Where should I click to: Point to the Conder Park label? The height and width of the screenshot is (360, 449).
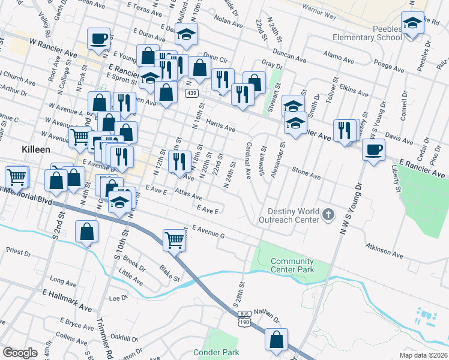point(217,352)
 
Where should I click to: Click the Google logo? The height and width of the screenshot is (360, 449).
point(20,353)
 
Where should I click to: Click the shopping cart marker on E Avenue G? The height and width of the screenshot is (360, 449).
point(174,239)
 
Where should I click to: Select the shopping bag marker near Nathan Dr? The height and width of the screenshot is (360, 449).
point(276,340)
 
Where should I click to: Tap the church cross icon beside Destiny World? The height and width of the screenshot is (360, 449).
point(328,214)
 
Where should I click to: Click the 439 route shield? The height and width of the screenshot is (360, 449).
point(191,93)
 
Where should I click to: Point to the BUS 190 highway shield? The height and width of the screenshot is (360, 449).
point(244,320)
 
